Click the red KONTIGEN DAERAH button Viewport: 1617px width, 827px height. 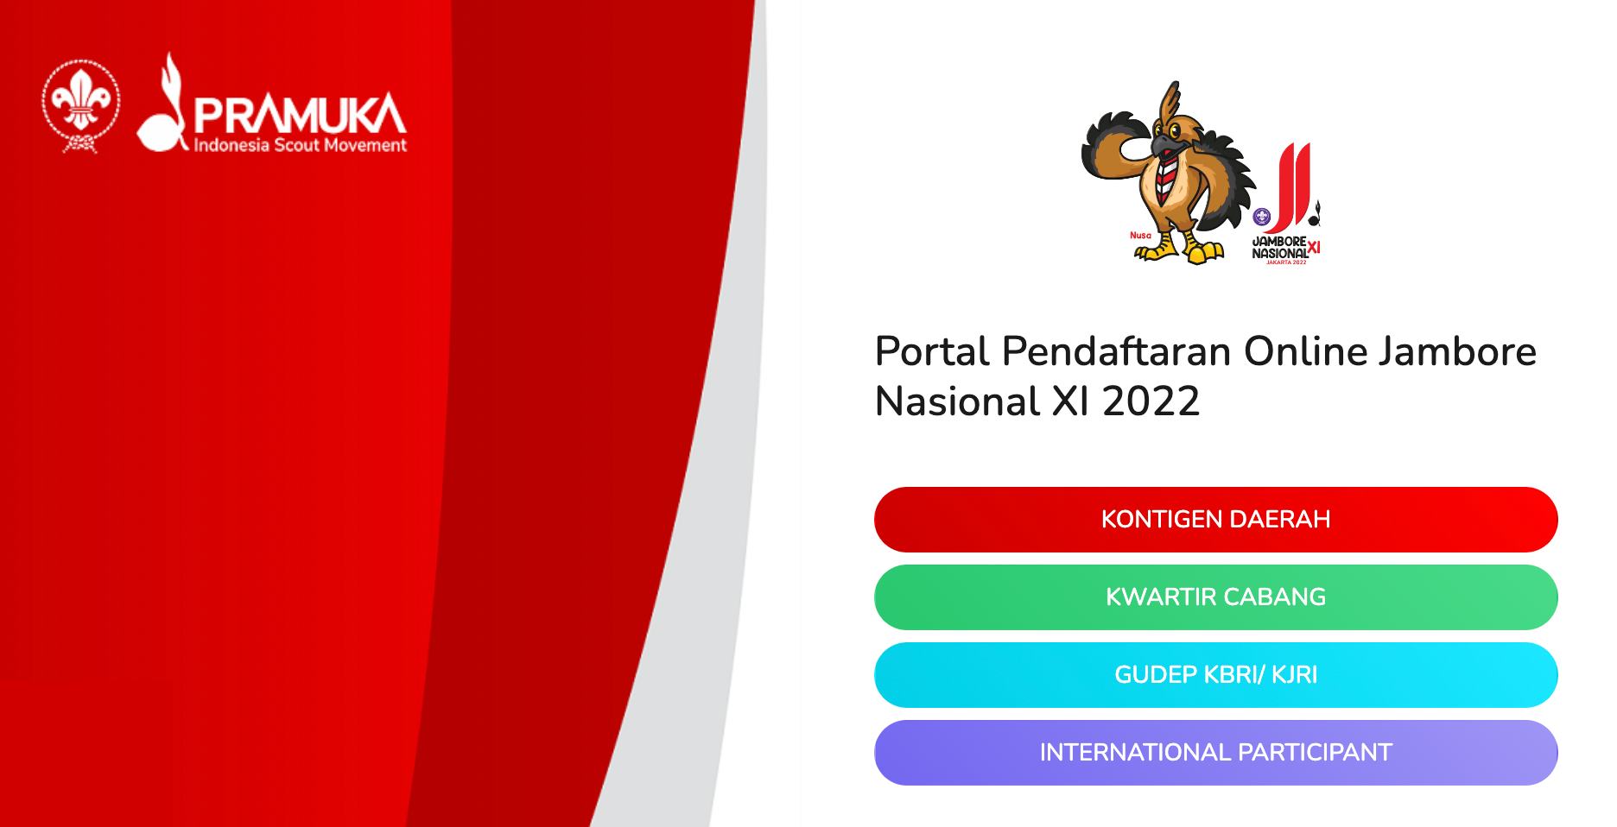[x=1215, y=520]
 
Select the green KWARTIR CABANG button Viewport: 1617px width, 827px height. [x=1215, y=597]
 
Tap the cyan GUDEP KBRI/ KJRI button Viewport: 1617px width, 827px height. [x=1215, y=675]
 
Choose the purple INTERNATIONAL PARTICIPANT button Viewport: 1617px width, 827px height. [x=1215, y=753]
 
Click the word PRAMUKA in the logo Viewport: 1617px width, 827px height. [x=300, y=114]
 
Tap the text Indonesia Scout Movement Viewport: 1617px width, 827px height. [x=300, y=145]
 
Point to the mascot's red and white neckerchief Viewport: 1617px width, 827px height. [x=1169, y=172]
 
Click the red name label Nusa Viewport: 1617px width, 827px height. [x=1140, y=235]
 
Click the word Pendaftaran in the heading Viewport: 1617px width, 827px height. [x=1116, y=351]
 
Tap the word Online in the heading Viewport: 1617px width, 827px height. [x=1305, y=351]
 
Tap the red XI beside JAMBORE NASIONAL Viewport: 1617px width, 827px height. [x=1314, y=248]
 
